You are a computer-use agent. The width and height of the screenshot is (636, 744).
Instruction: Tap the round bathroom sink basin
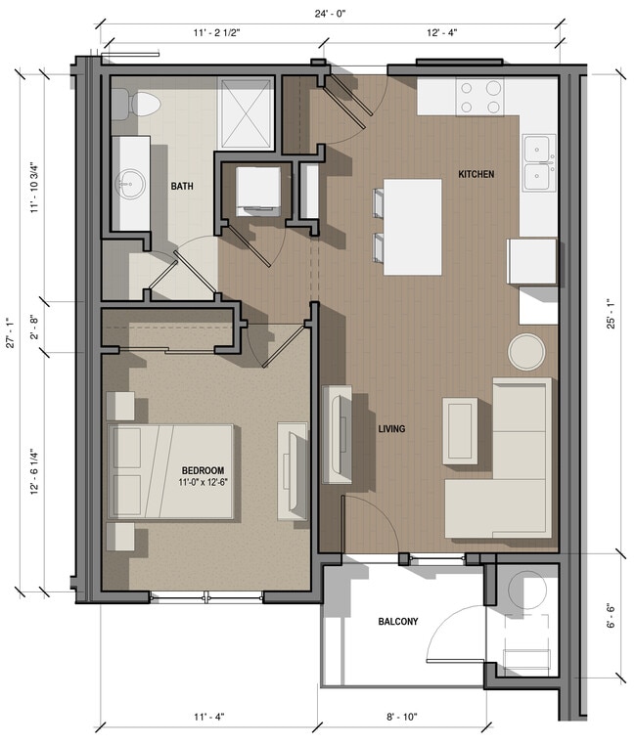tap(129, 182)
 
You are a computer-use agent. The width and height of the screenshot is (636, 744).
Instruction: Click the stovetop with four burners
tap(479, 96)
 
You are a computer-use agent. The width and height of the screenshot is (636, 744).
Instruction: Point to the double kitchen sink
tap(538, 163)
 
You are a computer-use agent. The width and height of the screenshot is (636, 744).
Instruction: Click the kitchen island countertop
tap(412, 227)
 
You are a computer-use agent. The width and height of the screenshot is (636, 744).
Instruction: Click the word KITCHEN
tap(477, 174)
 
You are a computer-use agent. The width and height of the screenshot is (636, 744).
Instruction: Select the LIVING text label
tap(391, 429)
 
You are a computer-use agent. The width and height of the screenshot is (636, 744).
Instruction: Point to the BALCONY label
tap(398, 622)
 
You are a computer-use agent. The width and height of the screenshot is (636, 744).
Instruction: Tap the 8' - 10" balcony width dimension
tap(401, 718)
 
